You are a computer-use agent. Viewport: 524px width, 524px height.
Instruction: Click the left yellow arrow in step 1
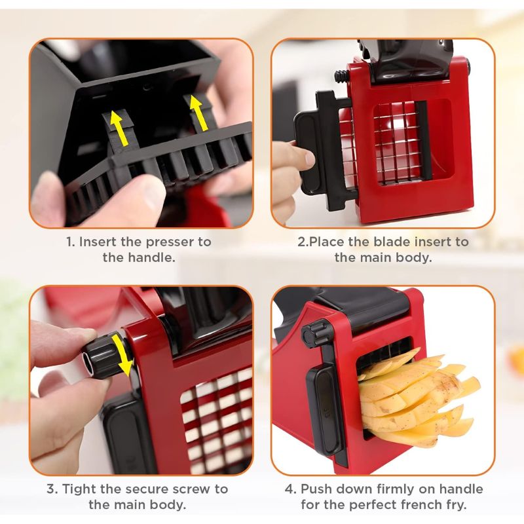pos(119,128)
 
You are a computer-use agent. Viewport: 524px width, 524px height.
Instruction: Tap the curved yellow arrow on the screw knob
pos(122,355)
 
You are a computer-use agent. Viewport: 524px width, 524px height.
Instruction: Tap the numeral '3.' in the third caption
pos(52,489)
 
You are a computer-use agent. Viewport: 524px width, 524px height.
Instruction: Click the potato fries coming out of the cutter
pos(418,396)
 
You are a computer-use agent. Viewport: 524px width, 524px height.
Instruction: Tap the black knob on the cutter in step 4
pos(317,333)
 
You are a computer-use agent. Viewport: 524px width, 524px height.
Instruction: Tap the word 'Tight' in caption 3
pos(79,489)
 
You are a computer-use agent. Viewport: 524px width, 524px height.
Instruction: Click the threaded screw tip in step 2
pos(341,77)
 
